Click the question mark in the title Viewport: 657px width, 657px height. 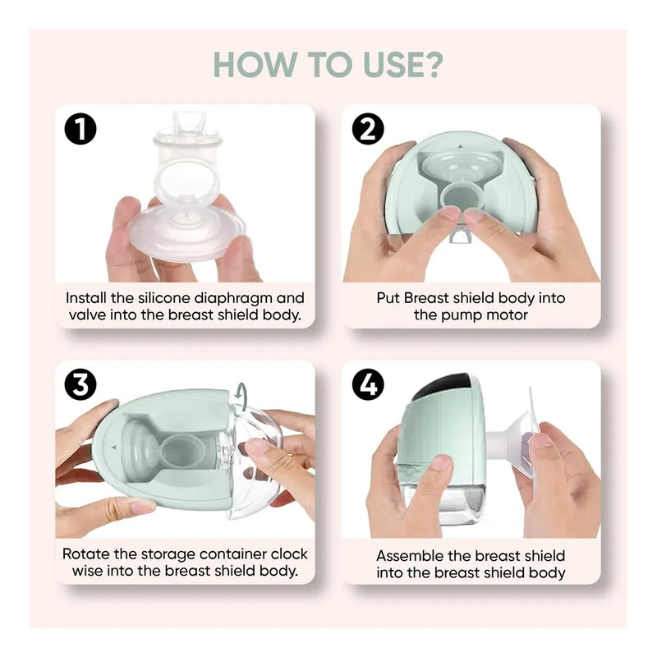(430, 64)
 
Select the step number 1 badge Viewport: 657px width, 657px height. (80, 129)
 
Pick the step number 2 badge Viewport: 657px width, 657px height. (368, 129)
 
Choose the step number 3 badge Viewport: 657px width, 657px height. (80, 385)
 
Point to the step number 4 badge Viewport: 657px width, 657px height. (368, 385)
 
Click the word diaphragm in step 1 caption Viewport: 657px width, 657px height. (233, 299)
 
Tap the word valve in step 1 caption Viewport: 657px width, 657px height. (87, 315)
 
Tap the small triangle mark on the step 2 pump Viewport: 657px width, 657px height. (460, 147)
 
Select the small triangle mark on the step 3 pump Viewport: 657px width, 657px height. (113, 447)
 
